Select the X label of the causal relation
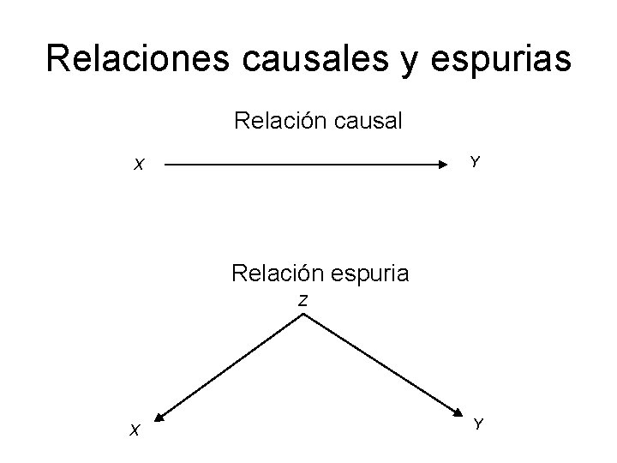point(138,165)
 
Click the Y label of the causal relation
point(475,161)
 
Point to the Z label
point(303,300)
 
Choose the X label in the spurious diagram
point(135,430)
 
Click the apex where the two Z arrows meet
point(304,315)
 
